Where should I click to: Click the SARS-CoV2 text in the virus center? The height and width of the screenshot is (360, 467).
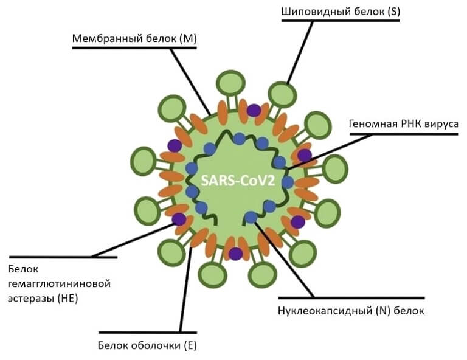click(238, 181)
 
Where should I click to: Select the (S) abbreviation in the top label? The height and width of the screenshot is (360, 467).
click(391, 11)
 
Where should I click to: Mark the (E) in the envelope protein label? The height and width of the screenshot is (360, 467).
click(190, 347)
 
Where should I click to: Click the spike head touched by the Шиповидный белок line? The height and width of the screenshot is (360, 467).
click(281, 94)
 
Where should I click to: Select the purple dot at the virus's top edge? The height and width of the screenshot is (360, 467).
click(254, 110)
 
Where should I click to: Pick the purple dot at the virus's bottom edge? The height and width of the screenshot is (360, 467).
click(235, 254)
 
